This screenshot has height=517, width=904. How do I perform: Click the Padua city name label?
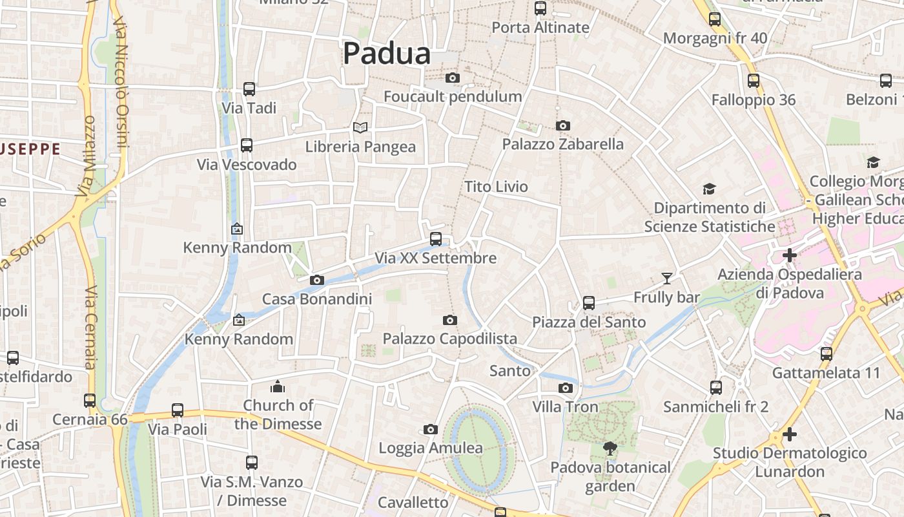386,53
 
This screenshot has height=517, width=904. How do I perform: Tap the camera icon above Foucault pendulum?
453,78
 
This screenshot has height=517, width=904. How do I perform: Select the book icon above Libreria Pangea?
360,128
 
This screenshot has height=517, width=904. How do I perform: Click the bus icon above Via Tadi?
249,89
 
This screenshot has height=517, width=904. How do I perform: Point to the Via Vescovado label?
247,165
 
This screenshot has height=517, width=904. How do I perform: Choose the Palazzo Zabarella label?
563,144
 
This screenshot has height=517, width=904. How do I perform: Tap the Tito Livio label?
496,187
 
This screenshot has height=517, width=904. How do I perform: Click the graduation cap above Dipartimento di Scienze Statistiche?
709,189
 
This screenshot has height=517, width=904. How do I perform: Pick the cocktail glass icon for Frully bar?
667,279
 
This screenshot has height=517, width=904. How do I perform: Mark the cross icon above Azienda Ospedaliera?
789,255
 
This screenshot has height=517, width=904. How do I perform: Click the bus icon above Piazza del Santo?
589,302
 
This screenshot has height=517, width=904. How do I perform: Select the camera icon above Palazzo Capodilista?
450,320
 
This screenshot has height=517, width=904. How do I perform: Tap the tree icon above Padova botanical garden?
610,448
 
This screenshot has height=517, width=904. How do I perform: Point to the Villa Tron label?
565,407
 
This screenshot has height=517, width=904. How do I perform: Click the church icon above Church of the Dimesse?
278,386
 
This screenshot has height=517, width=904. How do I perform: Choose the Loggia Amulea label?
430,448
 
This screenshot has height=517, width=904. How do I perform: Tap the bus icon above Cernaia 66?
90,401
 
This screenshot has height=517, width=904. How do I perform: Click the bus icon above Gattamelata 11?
827,353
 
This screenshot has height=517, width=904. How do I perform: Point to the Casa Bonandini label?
316,299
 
